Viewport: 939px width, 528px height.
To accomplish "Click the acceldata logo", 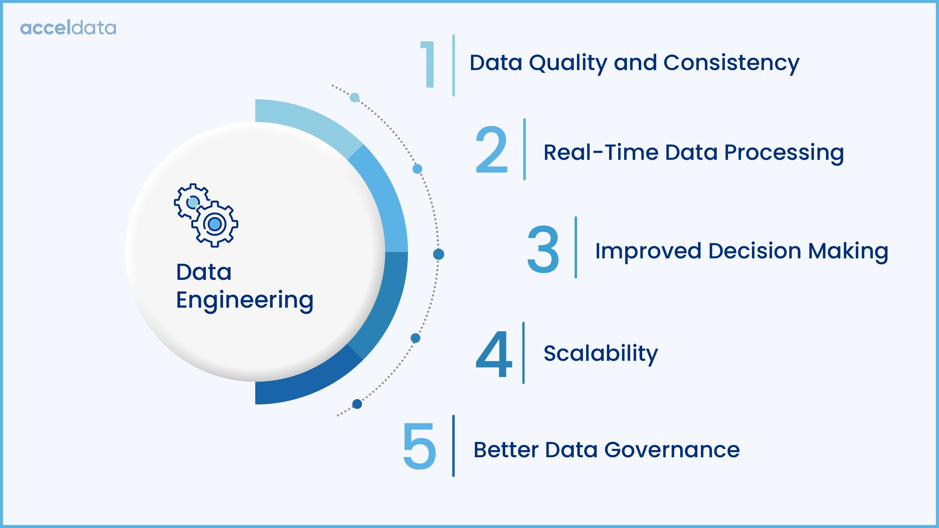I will (x=68, y=28).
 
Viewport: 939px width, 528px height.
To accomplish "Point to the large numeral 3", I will (x=543, y=249).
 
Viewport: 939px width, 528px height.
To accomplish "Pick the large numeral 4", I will (x=494, y=354).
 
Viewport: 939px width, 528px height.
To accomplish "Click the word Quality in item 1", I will (x=568, y=63).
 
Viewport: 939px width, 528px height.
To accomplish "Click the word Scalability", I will (x=601, y=353).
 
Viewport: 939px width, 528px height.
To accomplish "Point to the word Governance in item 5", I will (x=672, y=450).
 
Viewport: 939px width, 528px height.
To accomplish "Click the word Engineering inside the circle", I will (x=245, y=300).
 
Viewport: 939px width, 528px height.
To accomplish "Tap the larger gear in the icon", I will (x=215, y=224).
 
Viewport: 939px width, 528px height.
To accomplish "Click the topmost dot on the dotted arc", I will (x=354, y=97).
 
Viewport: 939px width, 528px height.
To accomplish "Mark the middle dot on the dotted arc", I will (x=438, y=254).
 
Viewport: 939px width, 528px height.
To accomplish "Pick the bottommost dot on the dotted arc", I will (x=357, y=404).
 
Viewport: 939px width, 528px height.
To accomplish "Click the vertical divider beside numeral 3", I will (x=576, y=247).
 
